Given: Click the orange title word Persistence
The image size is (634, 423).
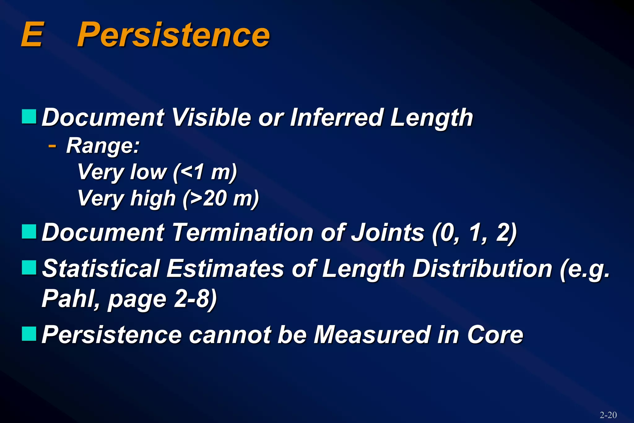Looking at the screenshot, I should click(x=173, y=35).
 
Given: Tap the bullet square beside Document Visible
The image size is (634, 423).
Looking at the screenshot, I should click(x=29, y=116).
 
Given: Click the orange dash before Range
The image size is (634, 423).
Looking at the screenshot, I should click(x=52, y=145).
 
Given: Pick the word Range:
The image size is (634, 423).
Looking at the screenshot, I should click(x=103, y=146).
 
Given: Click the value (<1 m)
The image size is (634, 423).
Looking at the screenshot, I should click(x=205, y=172).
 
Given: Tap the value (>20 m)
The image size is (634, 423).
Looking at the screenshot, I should click(x=220, y=198).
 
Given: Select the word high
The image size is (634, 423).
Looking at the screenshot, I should click(x=153, y=198).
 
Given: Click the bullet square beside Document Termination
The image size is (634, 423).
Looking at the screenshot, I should click(x=29, y=232).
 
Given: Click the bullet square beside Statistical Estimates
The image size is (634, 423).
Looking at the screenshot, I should click(x=29, y=268).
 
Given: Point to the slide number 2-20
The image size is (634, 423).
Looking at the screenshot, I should click(x=608, y=415).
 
